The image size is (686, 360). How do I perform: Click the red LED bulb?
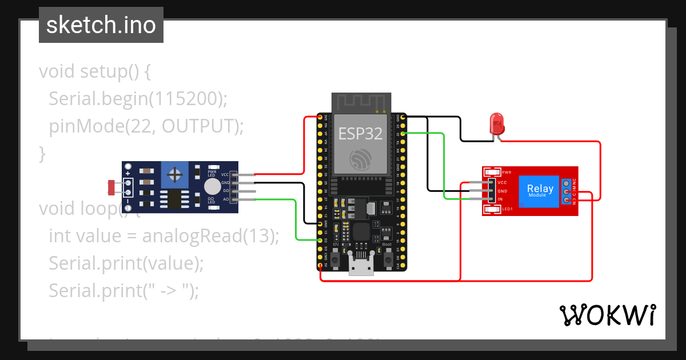[x=497, y=123]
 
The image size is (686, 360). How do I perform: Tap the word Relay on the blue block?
[x=540, y=188]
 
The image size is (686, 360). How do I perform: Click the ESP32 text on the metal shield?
[x=360, y=134]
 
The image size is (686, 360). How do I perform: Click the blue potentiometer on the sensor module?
[x=176, y=173]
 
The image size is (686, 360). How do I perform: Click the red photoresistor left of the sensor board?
[x=112, y=186]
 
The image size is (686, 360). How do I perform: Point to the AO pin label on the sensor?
[x=226, y=199]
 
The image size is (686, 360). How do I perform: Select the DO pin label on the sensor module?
[x=226, y=191]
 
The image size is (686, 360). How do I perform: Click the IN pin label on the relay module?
[x=500, y=199]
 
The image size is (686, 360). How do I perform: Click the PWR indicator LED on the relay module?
[x=490, y=171]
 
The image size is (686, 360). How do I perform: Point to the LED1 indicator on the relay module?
[x=490, y=209]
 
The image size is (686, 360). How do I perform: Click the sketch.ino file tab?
[x=101, y=25]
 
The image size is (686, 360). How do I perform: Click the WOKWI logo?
[x=607, y=315]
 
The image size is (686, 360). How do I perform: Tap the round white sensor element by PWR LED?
[x=212, y=186]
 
